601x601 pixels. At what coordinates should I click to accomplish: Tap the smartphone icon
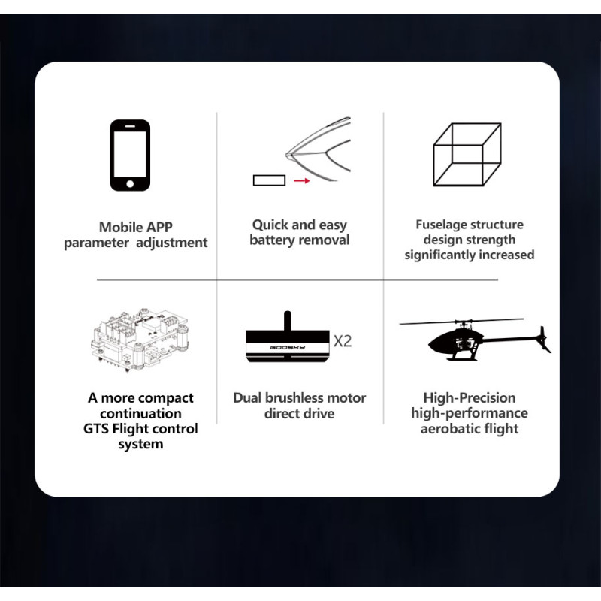[130, 156]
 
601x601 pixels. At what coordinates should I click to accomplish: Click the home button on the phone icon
[130, 184]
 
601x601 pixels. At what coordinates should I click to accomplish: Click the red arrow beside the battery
[302, 180]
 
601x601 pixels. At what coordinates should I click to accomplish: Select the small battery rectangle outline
[269, 180]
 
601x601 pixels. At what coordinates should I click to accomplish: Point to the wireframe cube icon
[467, 155]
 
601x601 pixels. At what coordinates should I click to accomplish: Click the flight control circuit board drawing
[140, 340]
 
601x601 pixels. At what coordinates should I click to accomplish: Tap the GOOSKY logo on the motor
[288, 348]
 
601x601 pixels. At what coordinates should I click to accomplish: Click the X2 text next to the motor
[343, 341]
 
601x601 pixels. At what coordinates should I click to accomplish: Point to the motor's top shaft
[287, 321]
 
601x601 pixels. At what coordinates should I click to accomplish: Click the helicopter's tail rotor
[544, 340]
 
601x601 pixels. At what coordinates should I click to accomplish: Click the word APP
[159, 228]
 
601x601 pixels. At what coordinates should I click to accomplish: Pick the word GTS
[96, 429]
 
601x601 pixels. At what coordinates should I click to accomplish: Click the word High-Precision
[469, 398]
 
